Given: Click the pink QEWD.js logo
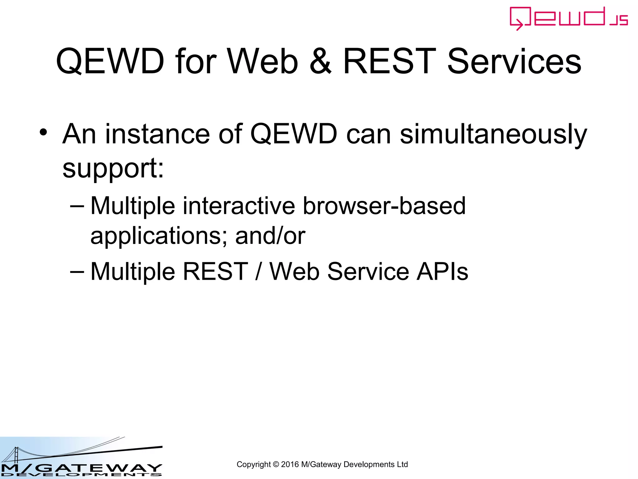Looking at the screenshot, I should (x=569, y=18).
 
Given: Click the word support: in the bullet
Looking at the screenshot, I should (x=113, y=168).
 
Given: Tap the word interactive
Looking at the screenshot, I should (x=239, y=206).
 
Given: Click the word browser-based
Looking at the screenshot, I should (x=384, y=206).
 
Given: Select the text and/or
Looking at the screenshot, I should (x=270, y=236).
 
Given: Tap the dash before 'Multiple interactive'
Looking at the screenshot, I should (x=77, y=206).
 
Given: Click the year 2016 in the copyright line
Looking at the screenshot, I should (x=290, y=465).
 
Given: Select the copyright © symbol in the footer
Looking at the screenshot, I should (x=276, y=465).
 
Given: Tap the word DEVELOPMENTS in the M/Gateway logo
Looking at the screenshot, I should (x=81, y=475).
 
